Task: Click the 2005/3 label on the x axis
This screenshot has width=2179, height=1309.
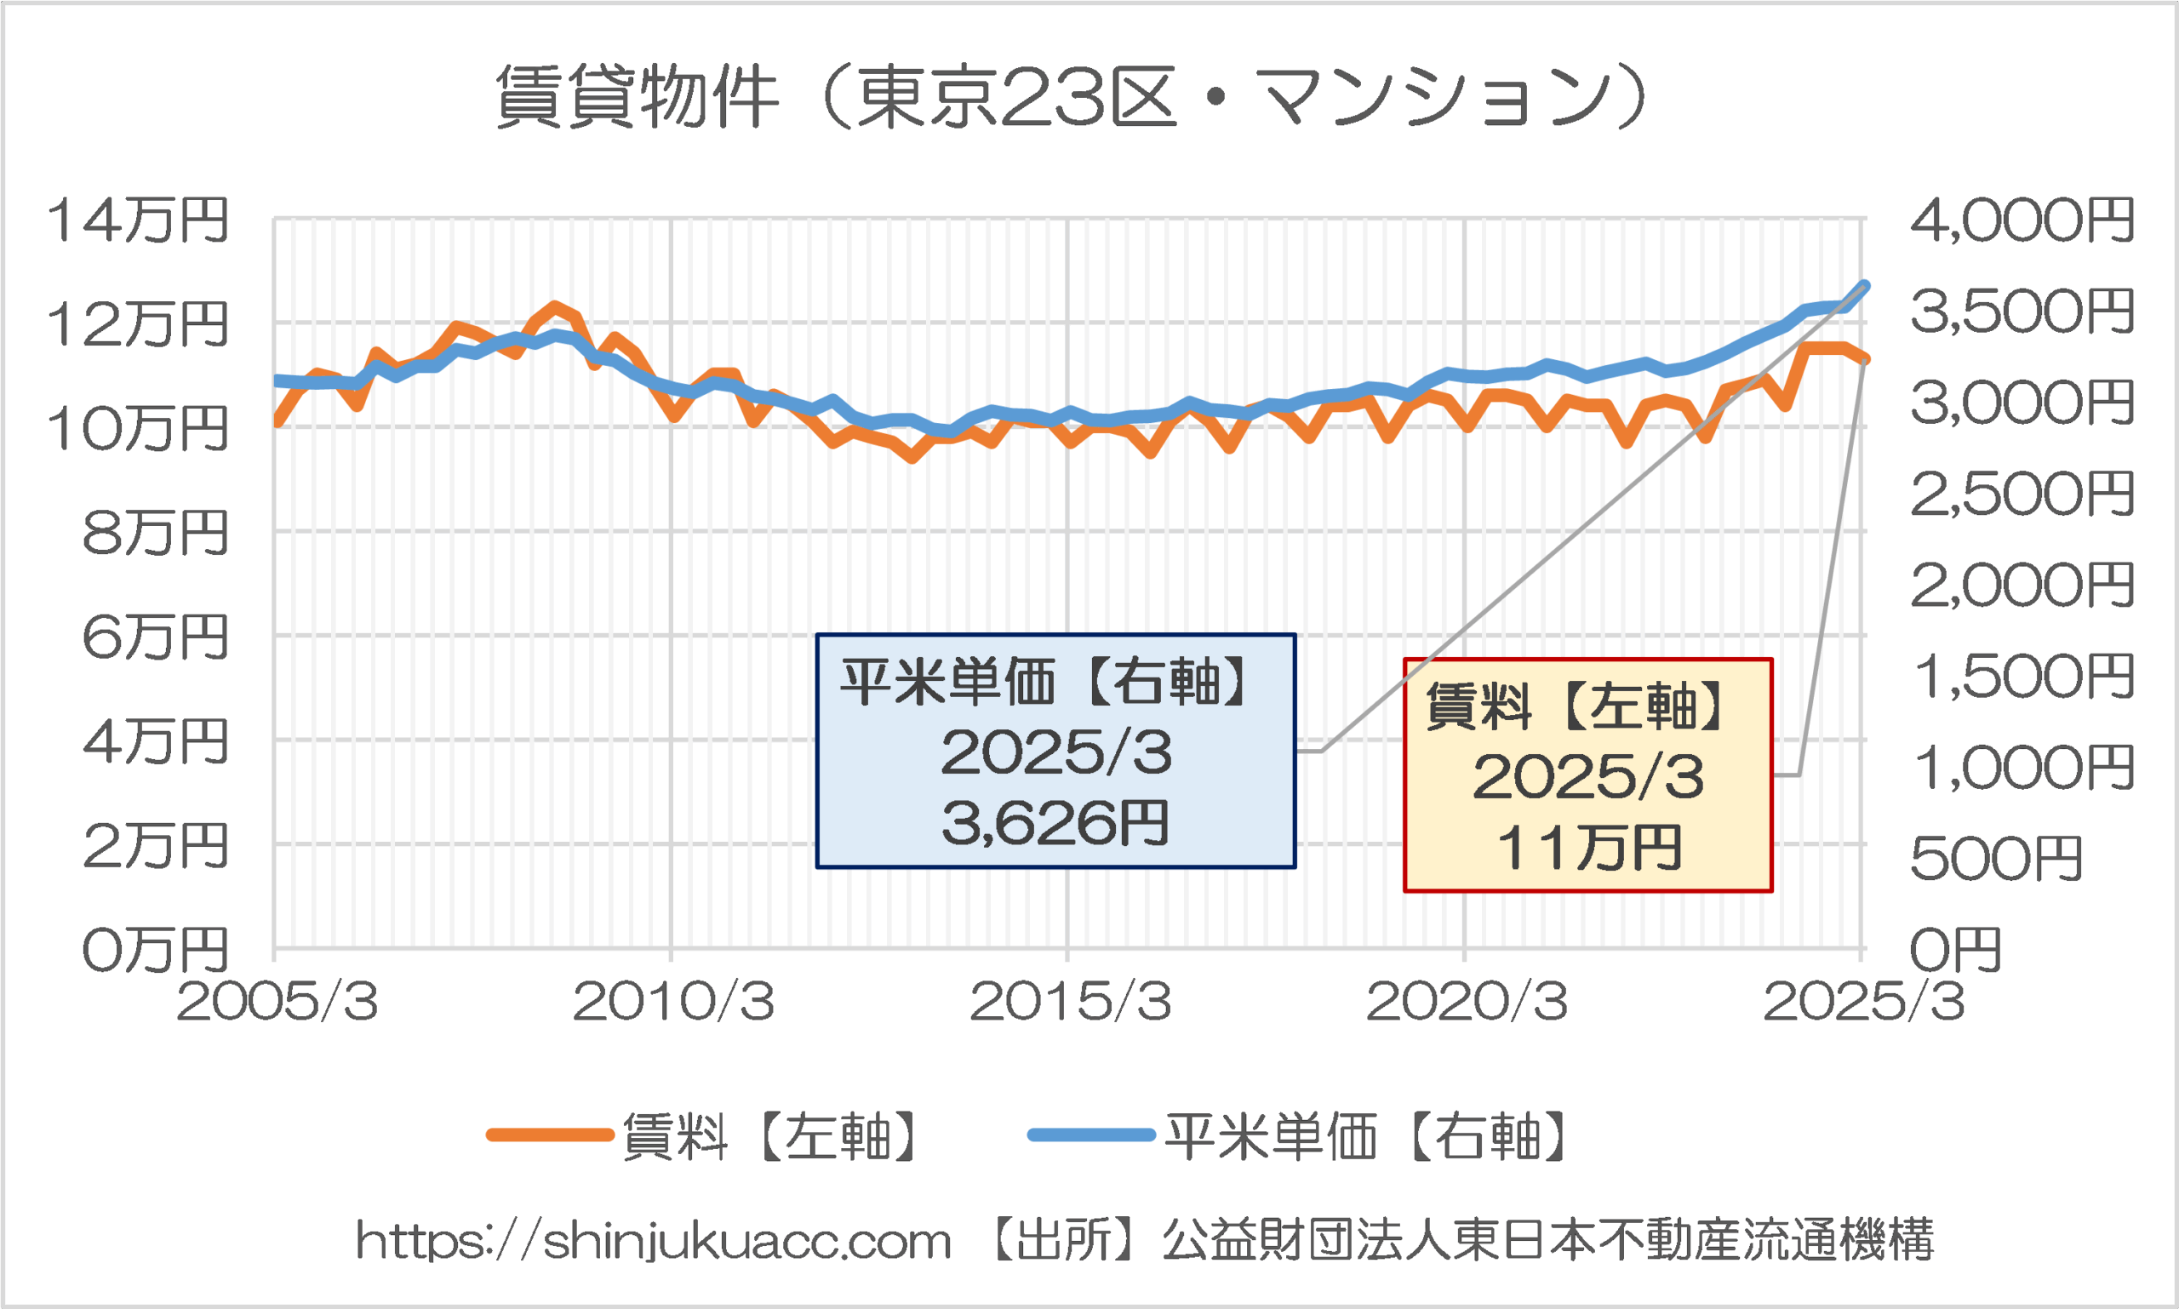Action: (277, 1001)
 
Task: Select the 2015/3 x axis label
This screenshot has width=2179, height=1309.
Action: (1070, 1001)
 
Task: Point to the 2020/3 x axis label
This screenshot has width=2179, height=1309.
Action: (1467, 1001)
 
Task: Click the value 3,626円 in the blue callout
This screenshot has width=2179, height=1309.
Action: (1055, 823)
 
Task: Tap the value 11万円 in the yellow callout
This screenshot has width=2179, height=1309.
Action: (1589, 848)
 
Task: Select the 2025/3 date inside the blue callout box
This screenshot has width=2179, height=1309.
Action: (1055, 752)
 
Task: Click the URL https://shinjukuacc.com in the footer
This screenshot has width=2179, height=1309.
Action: (654, 1240)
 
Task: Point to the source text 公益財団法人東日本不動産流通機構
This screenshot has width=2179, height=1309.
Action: (1548, 1240)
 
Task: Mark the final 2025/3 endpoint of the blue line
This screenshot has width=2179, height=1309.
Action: (1864, 286)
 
